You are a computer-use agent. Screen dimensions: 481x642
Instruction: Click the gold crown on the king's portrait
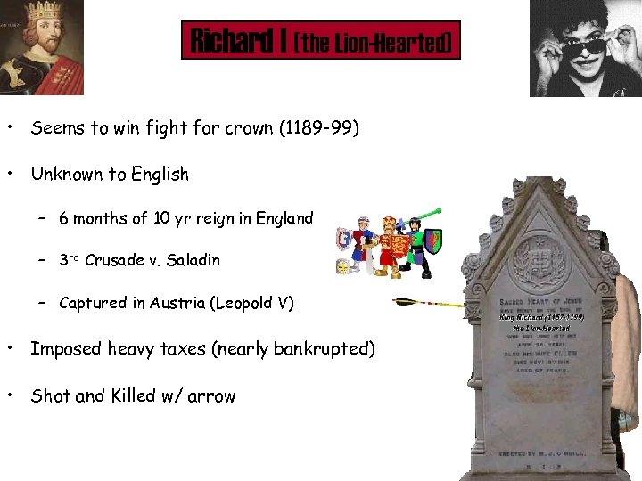pos(42,12)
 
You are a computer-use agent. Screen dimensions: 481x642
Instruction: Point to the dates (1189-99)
pos(319,128)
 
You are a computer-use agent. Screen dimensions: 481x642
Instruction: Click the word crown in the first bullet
pos(250,128)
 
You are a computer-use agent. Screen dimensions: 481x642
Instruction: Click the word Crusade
pos(114,261)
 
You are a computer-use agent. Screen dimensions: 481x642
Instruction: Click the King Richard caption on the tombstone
pos(541,317)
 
